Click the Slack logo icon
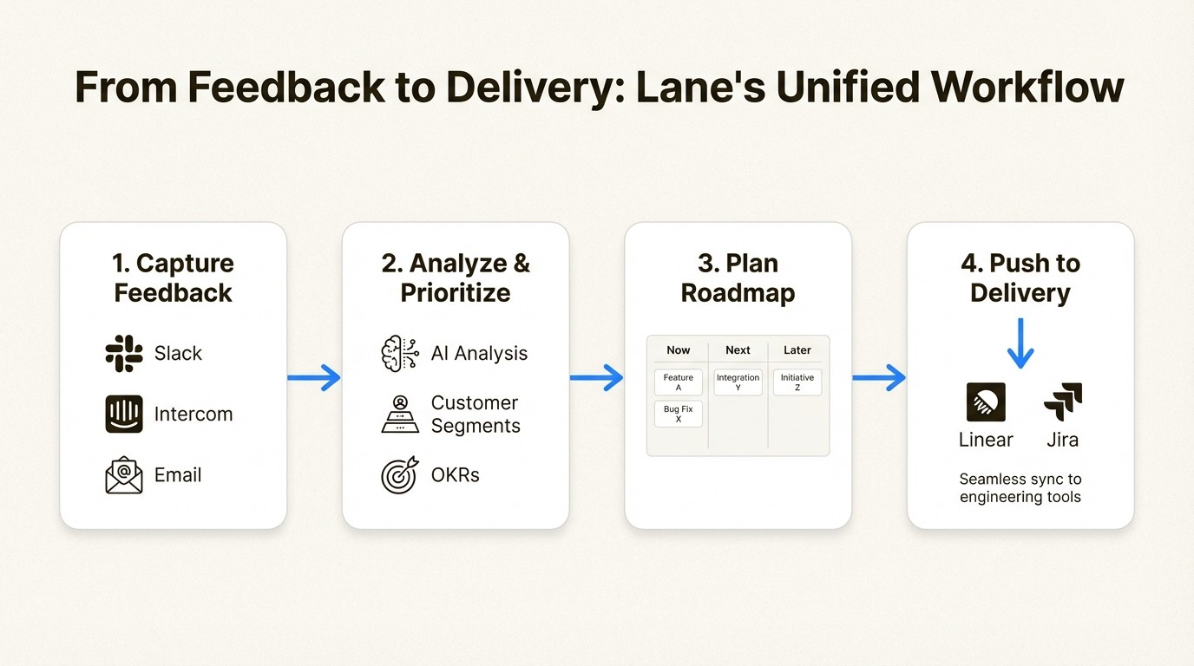[x=124, y=353]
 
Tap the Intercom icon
[x=124, y=414]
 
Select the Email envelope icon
[x=124, y=475]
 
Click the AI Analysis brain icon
[x=400, y=353]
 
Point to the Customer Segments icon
[x=400, y=414]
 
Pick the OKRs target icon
[x=400, y=475]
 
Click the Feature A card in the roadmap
[x=679, y=382]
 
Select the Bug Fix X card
[x=679, y=414]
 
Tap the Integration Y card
[x=738, y=382]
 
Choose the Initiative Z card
[x=797, y=382]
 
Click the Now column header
[x=679, y=350]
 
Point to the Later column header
[x=797, y=350]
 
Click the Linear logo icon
[x=986, y=402]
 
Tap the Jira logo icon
[x=1063, y=402]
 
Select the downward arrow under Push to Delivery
[x=1020, y=343]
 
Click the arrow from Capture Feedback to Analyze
[x=314, y=377]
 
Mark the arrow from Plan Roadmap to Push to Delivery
[x=879, y=377]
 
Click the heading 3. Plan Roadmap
[x=738, y=277]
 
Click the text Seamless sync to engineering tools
[x=1020, y=488]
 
